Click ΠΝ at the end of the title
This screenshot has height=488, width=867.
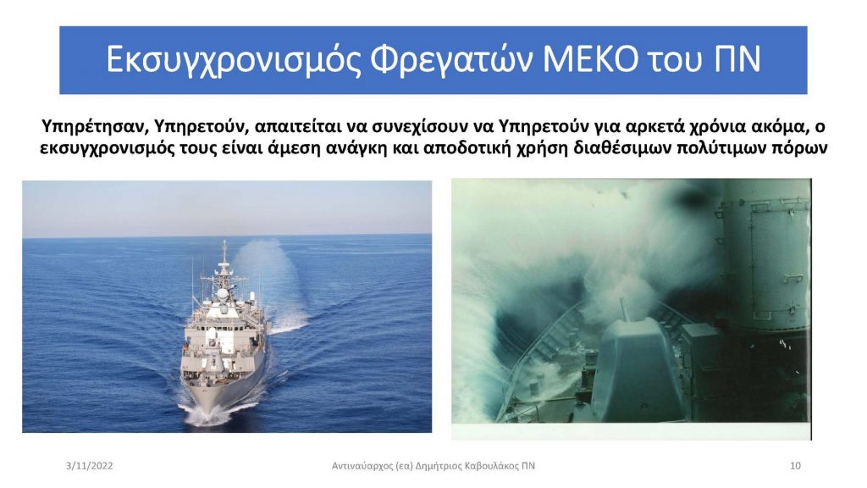click(x=737, y=59)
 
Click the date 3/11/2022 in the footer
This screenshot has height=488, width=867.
click(x=89, y=466)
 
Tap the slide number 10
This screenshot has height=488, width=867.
click(x=795, y=466)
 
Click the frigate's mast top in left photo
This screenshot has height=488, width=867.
click(x=224, y=242)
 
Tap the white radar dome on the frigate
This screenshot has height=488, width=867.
click(x=222, y=293)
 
